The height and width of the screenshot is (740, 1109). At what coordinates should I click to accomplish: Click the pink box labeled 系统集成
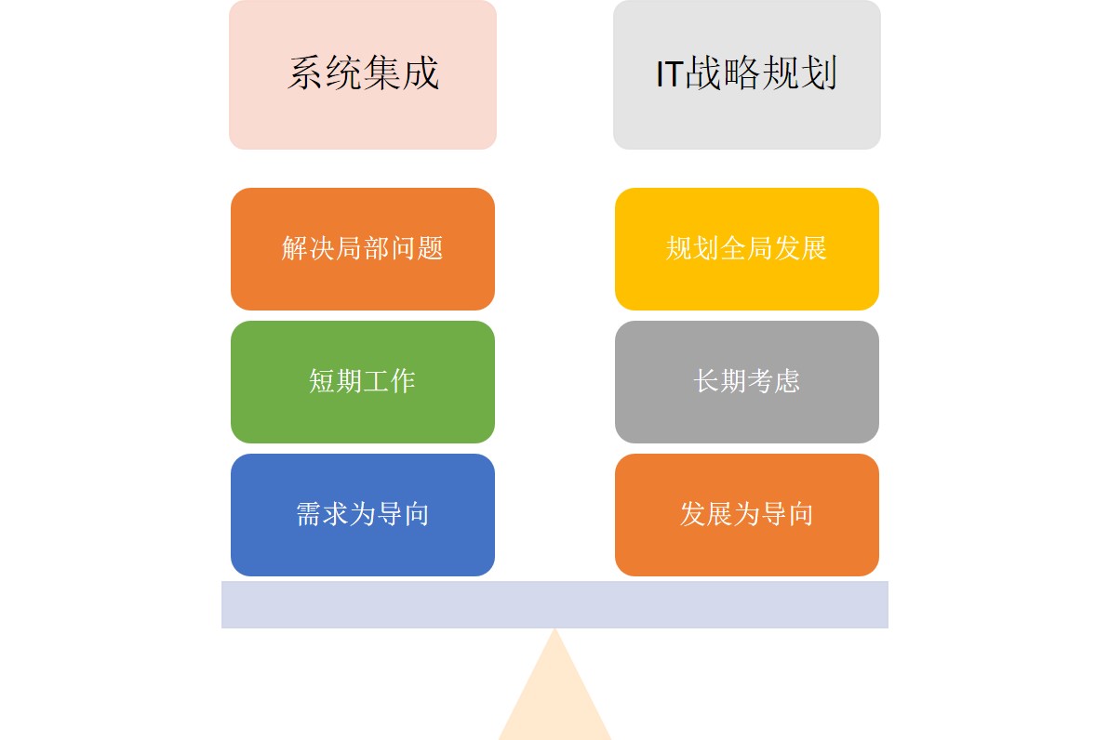coord(363,74)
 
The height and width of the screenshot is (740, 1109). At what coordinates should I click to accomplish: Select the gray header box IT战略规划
coord(747,74)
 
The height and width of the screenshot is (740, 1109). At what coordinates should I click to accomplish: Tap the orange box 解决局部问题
coord(363,249)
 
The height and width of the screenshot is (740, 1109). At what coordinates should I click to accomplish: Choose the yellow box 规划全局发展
coord(747,249)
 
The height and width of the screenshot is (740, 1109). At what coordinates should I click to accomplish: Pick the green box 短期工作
coord(363,382)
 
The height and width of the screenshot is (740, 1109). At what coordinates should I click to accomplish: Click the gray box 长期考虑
coord(747,382)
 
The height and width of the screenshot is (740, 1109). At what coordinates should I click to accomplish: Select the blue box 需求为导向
coord(363,514)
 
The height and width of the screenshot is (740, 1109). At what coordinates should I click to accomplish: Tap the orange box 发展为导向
coord(747,514)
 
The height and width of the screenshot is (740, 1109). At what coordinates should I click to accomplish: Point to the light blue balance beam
coord(554,605)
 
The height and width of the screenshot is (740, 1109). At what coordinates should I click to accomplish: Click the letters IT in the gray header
coord(669,74)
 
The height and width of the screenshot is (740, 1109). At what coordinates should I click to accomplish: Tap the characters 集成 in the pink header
coord(402,73)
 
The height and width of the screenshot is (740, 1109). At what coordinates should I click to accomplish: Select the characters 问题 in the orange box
coord(417,248)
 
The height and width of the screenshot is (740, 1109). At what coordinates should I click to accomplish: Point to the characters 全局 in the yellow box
coord(747,248)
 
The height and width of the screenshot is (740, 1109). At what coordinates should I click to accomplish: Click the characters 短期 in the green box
coord(336,381)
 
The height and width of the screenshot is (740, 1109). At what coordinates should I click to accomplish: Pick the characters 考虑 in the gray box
coord(774,381)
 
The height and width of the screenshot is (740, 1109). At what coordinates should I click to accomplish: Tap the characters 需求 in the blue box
coord(323,514)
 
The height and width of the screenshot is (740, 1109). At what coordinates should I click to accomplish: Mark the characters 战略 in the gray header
coord(722,73)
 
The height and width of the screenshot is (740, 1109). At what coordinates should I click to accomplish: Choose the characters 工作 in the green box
coord(389,381)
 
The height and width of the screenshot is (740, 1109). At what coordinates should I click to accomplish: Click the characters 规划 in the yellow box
coord(692,248)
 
